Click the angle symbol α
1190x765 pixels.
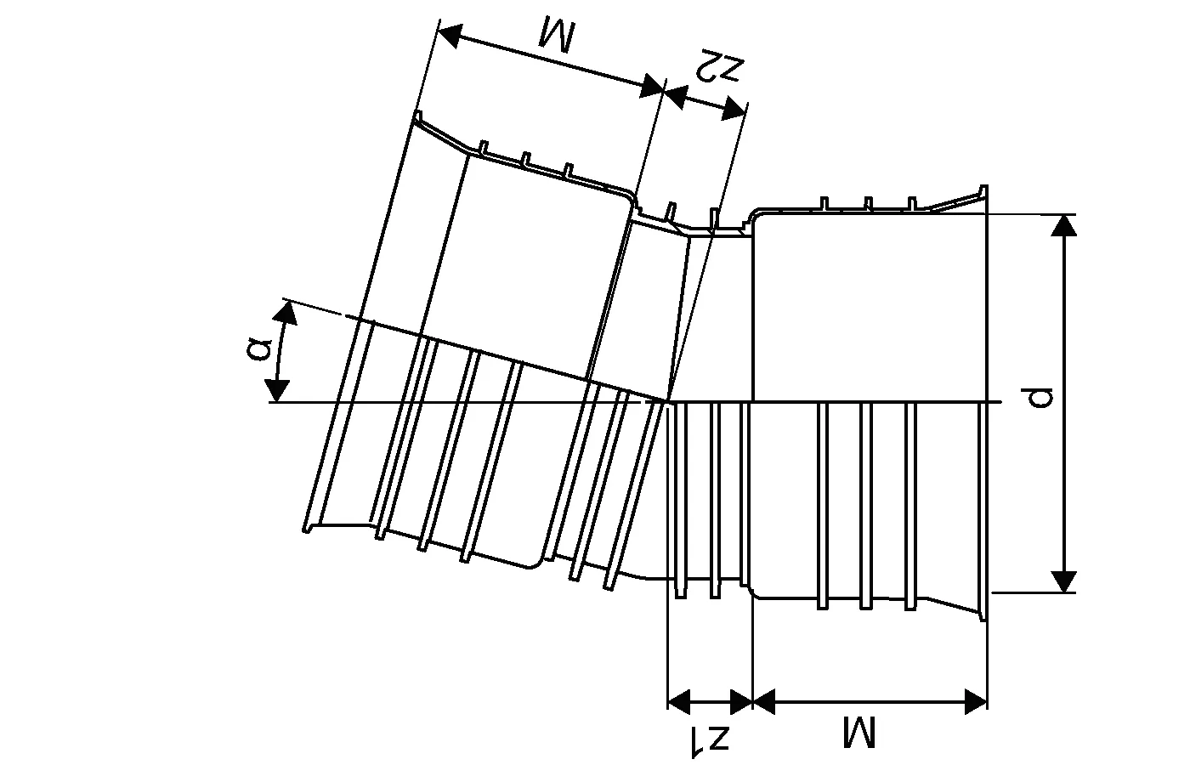click(x=263, y=348)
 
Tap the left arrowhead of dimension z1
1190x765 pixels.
click(x=678, y=701)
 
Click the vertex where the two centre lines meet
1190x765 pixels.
click(x=669, y=401)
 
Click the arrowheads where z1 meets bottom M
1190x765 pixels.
click(x=753, y=701)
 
